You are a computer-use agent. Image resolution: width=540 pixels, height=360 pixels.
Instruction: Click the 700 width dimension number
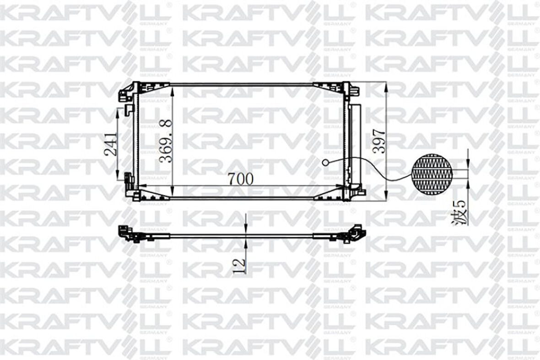tap(240, 179)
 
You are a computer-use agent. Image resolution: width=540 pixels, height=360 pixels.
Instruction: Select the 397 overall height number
tap(379, 141)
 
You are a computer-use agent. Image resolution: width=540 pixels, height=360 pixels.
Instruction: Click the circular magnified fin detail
tap(432, 174)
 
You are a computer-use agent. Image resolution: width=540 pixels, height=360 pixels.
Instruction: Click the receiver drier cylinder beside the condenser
tap(354, 145)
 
